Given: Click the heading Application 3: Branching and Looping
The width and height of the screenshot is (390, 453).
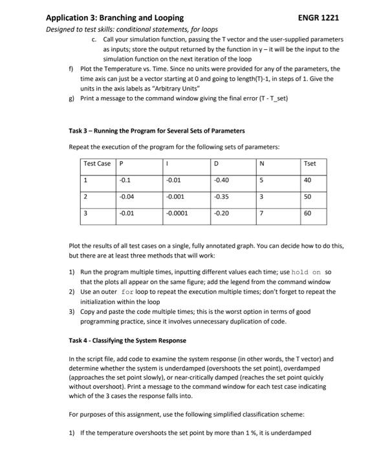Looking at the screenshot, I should point(114,17).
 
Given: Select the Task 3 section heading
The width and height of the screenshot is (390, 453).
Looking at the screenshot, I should point(157,130).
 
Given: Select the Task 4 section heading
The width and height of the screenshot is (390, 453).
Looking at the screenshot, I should point(127,340).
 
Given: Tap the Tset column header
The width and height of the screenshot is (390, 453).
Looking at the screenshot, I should point(309,163).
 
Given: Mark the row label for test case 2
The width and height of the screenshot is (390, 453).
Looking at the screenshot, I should point(85,197).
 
